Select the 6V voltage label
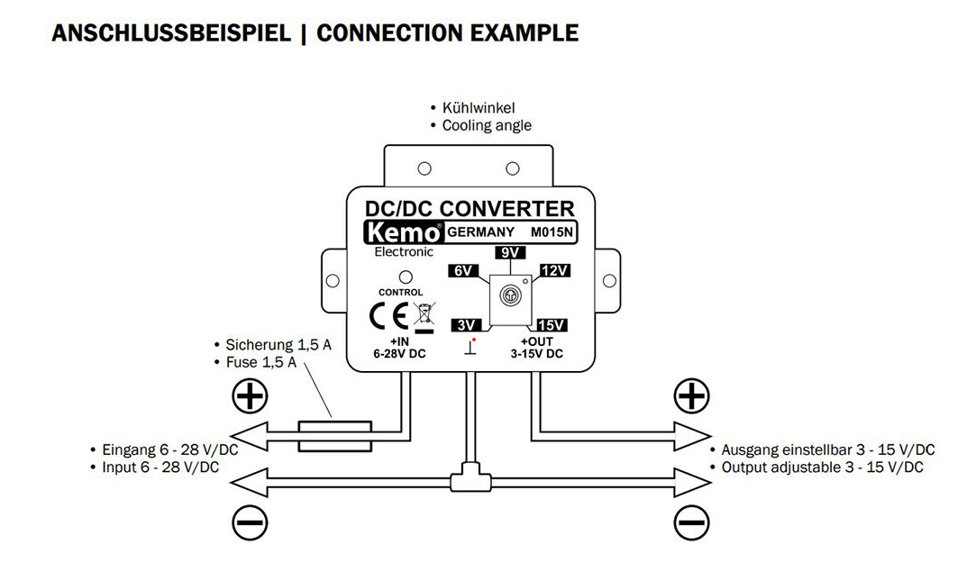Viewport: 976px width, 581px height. point(463,271)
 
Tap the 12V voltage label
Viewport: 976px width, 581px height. point(553,271)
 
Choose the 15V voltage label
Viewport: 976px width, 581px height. point(551,324)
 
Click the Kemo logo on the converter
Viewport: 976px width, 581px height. point(404,231)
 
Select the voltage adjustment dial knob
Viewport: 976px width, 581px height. point(508,295)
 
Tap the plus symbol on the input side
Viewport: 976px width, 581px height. point(250,396)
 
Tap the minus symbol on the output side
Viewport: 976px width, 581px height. point(691,522)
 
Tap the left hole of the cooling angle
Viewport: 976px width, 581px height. point(424,168)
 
